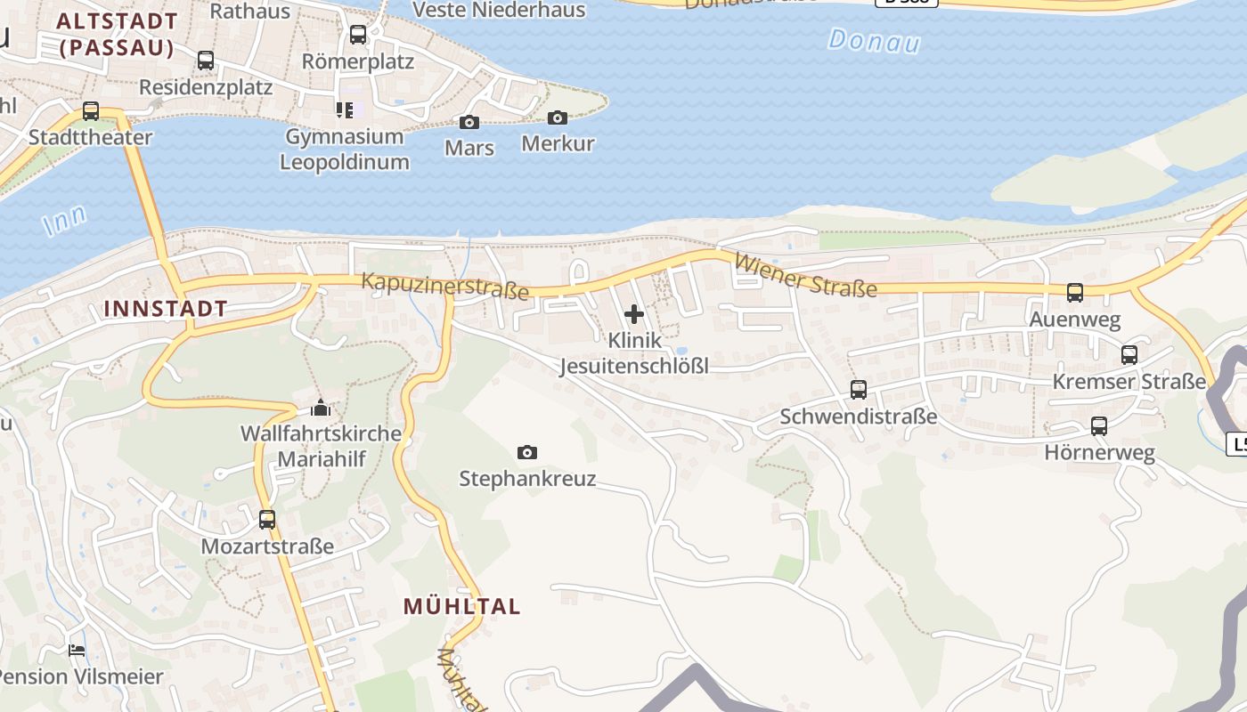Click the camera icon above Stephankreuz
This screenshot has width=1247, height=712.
pyautogui.click(x=527, y=453)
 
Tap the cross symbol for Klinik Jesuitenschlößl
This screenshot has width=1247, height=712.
pyautogui.click(x=634, y=314)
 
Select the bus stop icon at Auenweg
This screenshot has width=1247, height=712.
pyautogui.click(x=1075, y=292)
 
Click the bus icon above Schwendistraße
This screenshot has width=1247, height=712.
pyautogui.click(x=859, y=389)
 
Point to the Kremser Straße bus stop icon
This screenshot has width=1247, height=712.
pyautogui.click(x=1129, y=355)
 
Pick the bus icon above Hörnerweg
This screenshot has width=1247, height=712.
pyautogui.click(x=1099, y=426)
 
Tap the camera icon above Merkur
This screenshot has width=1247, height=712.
pyautogui.click(x=558, y=117)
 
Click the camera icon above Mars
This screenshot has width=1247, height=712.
pyautogui.click(x=469, y=122)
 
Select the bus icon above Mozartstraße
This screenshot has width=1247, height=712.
pyautogui.click(x=267, y=519)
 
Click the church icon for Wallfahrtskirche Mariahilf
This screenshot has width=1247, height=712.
pyautogui.click(x=320, y=409)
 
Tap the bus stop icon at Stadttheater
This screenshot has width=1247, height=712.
pyautogui.click(x=91, y=111)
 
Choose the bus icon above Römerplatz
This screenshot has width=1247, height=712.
pyautogui.click(x=358, y=35)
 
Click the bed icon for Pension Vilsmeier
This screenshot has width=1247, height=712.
pyautogui.click(x=77, y=650)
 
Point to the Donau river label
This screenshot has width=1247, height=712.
pyautogui.click(x=873, y=41)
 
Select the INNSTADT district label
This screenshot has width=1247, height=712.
pyautogui.click(x=166, y=309)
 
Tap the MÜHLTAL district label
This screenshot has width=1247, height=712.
pyautogui.click(x=461, y=607)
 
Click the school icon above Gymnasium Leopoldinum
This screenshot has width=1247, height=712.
pyautogui.click(x=344, y=110)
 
